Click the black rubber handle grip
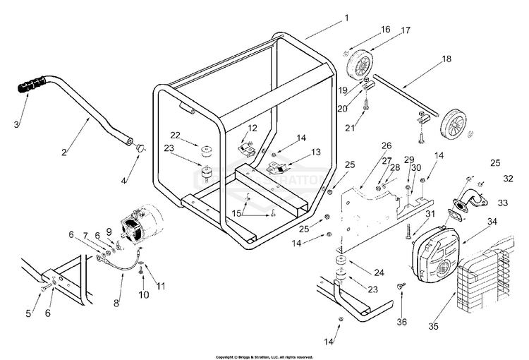click(x=32, y=90)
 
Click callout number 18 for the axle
click(x=446, y=59)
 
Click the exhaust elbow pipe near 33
click(x=468, y=200)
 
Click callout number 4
click(x=124, y=181)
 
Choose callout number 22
click(x=176, y=135)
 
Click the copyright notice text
click(x=264, y=356)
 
